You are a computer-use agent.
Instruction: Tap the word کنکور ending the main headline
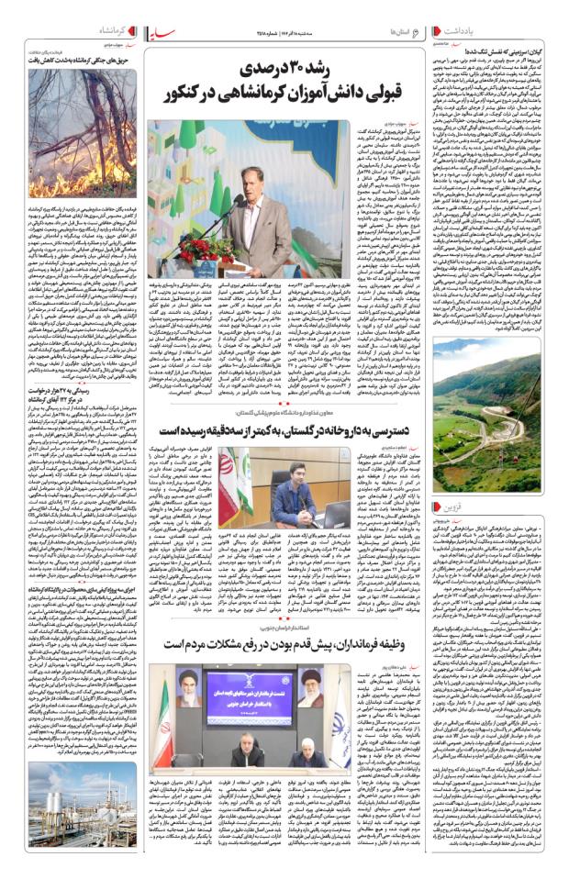pos(189,93)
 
